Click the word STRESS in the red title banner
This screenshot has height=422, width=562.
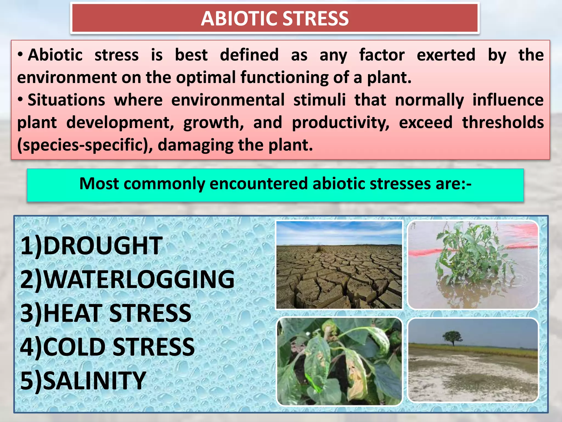pyautogui.click(x=315, y=19)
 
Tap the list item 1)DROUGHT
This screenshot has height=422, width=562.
pyautogui.click(x=91, y=246)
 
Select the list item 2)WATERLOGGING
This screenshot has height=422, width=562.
pyautogui.click(x=127, y=279)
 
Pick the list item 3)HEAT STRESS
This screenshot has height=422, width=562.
pyautogui.click(x=106, y=313)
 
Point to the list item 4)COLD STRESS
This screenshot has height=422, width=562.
pyautogui.click(x=107, y=347)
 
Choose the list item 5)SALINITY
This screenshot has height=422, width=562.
pyautogui.click(x=83, y=381)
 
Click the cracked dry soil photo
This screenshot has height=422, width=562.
pyautogui.click(x=339, y=277)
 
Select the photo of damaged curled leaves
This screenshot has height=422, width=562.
pyautogui.click(x=339, y=361)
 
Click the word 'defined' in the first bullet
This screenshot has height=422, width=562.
pyautogui.click(x=249, y=55)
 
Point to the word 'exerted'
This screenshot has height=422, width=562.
pyautogui.click(x=446, y=55)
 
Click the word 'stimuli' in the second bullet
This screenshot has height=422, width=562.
pyautogui.click(x=319, y=100)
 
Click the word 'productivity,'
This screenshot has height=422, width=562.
pyautogui.click(x=340, y=123)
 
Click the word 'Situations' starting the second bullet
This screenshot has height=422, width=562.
pyautogui.click(x=66, y=100)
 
